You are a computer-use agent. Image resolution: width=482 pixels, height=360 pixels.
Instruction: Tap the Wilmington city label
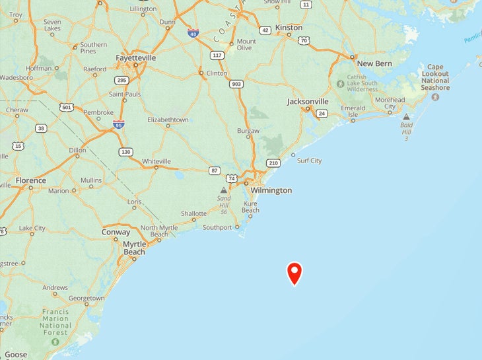tap(271, 190)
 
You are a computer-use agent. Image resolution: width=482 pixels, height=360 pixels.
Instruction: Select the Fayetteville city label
tap(135, 57)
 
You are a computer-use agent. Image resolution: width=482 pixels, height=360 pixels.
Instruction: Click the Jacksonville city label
tap(308, 101)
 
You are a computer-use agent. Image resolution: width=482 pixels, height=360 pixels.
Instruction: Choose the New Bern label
tap(374, 63)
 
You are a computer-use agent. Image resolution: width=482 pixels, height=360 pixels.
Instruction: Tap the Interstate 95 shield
tap(119, 124)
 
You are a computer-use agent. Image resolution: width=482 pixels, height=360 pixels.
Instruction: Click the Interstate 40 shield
tap(193, 32)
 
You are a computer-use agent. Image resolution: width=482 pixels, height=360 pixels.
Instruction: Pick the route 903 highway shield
tap(236, 84)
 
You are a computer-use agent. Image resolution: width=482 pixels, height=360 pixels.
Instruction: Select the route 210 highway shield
tap(273, 162)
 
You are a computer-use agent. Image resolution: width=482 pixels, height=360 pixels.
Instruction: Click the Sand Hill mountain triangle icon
tap(224, 190)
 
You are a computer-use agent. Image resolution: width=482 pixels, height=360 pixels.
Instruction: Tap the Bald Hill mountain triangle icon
tap(406, 117)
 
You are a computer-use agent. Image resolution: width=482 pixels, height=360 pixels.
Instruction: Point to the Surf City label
tap(309, 161)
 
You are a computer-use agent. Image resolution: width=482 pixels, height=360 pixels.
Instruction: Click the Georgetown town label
tap(86, 298)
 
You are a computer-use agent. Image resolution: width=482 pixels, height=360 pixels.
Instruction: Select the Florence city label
tap(31, 180)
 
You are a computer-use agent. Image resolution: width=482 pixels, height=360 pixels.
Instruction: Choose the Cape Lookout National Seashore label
tap(435, 77)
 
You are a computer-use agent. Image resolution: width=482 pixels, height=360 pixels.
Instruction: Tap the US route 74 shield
tap(231, 178)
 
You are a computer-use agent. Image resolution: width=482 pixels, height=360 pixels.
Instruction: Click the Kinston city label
tap(289, 28)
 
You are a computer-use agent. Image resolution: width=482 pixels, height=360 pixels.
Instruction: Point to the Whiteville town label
tap(156, 161)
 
